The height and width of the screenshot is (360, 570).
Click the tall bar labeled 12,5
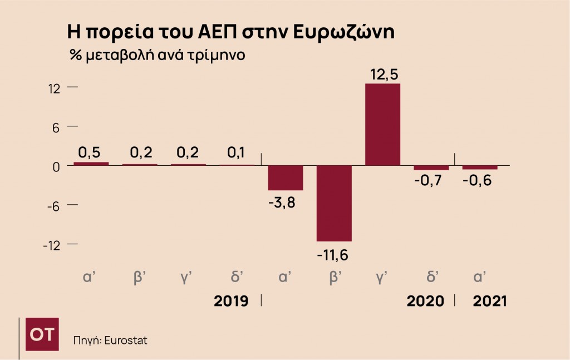(x=382, y=124)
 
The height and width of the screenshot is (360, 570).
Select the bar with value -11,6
(x=334, y=203)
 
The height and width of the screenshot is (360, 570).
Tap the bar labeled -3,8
(x=285, y=178)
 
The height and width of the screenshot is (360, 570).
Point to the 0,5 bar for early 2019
(x=91, y=164)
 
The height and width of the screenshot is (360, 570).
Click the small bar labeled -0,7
(x=431, y=167)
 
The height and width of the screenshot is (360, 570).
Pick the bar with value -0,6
(x=480, y=167)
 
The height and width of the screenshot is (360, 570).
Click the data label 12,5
(x=384, y=74)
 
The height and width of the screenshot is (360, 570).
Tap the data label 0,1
(x=236, y=152)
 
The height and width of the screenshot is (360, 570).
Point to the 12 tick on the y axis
(x=55, y=88)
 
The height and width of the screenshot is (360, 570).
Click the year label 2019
(x=231, y=301)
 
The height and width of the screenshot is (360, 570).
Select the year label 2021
(x=490, y=301)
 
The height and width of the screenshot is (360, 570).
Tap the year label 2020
(x=425, y=301)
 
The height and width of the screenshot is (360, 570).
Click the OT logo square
(x=42, y=334)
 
